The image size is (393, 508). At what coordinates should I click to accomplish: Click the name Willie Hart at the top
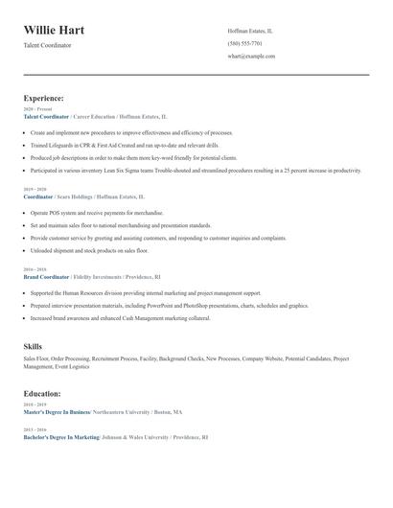click(x=54, y=31)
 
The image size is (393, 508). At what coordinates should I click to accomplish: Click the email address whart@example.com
click(x=251, y=56)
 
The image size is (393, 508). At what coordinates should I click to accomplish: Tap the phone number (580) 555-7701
click(x=245, y=43)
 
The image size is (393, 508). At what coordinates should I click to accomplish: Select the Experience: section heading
click(x=44, y=98)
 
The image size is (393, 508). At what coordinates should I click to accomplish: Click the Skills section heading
click(x=33, y=346)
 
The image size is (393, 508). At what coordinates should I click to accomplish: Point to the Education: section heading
click(x=42, y=393)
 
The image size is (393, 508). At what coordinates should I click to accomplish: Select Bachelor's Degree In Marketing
click(x=61, y=436)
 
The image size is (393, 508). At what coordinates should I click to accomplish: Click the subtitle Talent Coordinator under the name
click(x=47, y=45)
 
